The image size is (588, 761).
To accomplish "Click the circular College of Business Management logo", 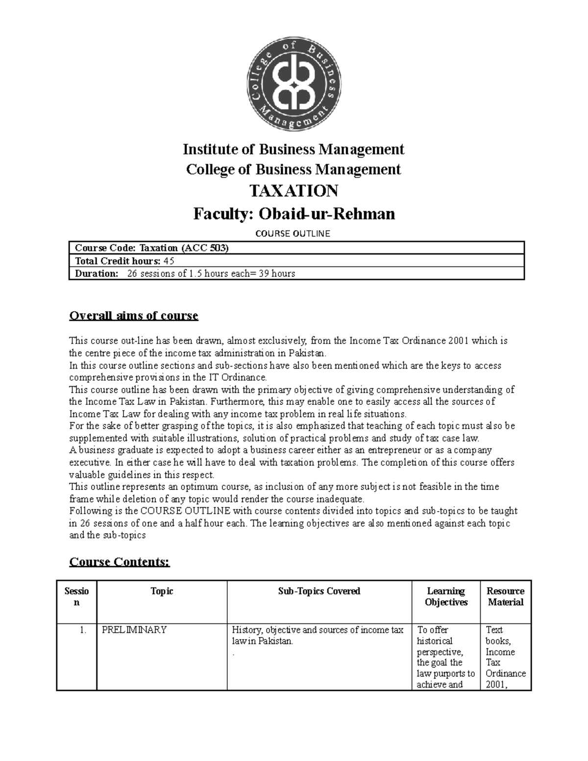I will (x=294, y=88).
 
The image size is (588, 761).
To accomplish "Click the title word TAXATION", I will (x=294, y=191).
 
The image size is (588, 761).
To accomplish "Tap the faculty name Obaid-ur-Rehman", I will (x=326, y=214).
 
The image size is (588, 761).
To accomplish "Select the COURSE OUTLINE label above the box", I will (x=294, y=234).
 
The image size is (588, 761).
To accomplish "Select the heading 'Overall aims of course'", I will (x=134, y=316).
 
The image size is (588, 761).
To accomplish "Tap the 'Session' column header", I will (x=76, y=597).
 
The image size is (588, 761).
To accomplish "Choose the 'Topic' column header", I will (x=162, y=591).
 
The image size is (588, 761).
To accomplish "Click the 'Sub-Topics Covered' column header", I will (x=319, y=591).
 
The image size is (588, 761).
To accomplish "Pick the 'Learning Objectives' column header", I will (x=446, y=597).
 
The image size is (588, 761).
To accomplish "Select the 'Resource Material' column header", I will (x=505, y=597).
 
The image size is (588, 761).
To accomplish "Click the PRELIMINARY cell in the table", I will (x=134, y=630).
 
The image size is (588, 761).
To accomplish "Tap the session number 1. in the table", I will (x=83, y=630).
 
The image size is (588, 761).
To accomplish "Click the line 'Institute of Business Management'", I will (x=294, y=149).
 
